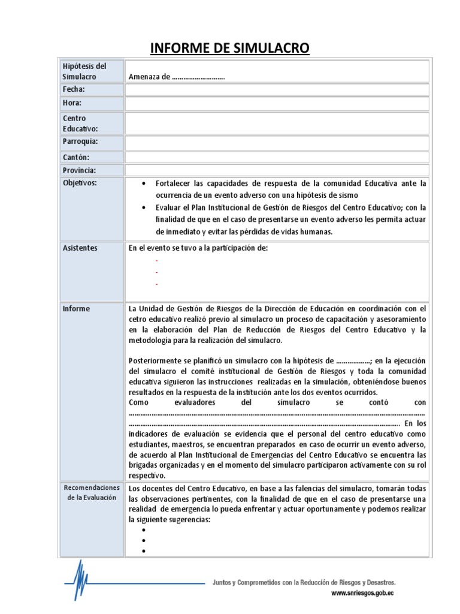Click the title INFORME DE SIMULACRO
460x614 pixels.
click(x=229, y=47)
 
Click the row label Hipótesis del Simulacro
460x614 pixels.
click(x=84, y=71)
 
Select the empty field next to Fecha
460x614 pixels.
click(x=277, y=90)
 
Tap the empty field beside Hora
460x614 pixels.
click(x=277, y=104)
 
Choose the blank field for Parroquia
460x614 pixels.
click(x=277, y=143)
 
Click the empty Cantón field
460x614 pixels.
click(x=277, y=157)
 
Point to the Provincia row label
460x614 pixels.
click(x=80, y=170)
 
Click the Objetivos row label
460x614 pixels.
click(x=80, y=182)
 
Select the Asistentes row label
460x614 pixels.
click(x=80, y=248)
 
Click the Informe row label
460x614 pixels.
click(x=77, y=309)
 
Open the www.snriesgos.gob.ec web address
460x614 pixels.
click(x=362, y=594)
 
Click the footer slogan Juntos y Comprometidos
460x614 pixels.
click(x=304, y=582)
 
